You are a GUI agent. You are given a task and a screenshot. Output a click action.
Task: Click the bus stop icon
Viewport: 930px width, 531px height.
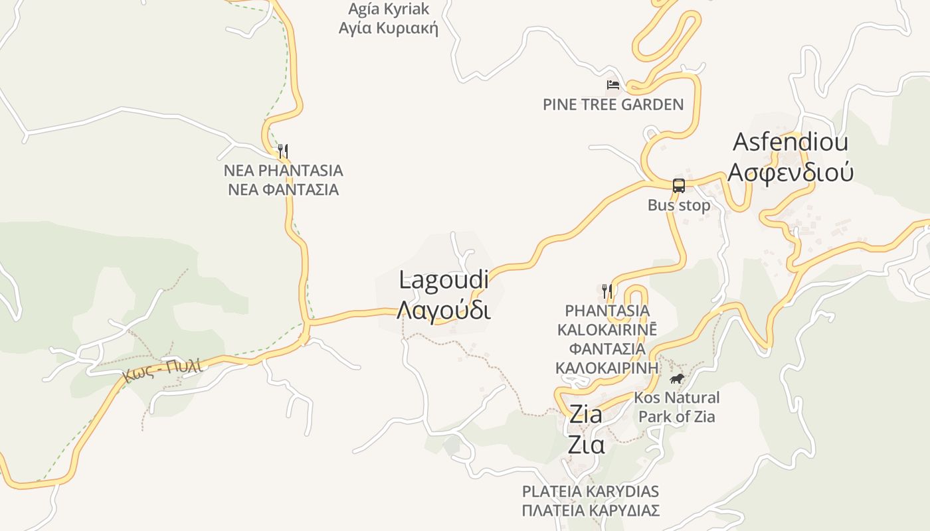[x=678, y=186]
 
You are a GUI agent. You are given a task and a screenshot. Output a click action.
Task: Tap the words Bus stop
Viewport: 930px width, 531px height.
[x=679, y=205]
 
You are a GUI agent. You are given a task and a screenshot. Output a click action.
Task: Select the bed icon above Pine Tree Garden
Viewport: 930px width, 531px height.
[x=612, y=85]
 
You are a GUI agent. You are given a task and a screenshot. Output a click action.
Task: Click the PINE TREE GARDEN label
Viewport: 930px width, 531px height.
[x=613, y=104]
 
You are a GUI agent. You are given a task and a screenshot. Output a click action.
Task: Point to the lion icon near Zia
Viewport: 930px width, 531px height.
[x=677, y=379]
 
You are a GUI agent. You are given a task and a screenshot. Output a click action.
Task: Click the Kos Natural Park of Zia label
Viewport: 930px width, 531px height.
[x=677, y=407]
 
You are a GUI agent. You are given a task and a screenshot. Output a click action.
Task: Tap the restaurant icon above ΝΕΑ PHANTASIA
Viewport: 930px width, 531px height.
[x=283, y=151]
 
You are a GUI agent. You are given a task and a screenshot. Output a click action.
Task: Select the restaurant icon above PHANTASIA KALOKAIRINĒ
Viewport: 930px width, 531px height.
[x=606, y=291]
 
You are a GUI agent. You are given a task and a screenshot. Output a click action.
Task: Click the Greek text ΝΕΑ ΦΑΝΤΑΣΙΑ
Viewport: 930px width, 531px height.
[x=284, y=190]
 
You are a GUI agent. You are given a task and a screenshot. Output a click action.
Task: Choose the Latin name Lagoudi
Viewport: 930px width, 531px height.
[x=444, y=279]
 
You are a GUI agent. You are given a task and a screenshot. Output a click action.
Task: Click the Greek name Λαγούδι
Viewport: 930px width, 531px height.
[x=444, y=310]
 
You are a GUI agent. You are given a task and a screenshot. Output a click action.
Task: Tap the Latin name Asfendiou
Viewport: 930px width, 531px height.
[x=790, y=142]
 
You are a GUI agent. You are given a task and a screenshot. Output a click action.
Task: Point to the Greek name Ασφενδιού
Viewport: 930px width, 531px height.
[x=790, y=172]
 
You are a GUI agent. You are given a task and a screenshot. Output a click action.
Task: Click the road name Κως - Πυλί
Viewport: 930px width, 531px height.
[x=161, y=369]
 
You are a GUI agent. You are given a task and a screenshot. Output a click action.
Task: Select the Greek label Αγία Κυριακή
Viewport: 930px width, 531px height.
[x=389, y=28]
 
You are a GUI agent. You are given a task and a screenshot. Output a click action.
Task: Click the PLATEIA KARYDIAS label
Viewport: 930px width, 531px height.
[x=591, y=492]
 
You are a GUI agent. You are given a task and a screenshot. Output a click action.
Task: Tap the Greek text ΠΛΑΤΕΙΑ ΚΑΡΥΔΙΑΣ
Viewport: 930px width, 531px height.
[x=591, y=510]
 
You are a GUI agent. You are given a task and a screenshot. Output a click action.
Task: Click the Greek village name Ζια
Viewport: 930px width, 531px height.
[x=586, y=444]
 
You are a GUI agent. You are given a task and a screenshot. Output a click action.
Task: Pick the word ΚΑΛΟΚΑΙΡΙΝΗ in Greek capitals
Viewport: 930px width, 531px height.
[x=606, y=368]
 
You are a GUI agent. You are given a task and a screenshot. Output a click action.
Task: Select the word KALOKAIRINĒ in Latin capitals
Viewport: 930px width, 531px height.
[x=606, y=329]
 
